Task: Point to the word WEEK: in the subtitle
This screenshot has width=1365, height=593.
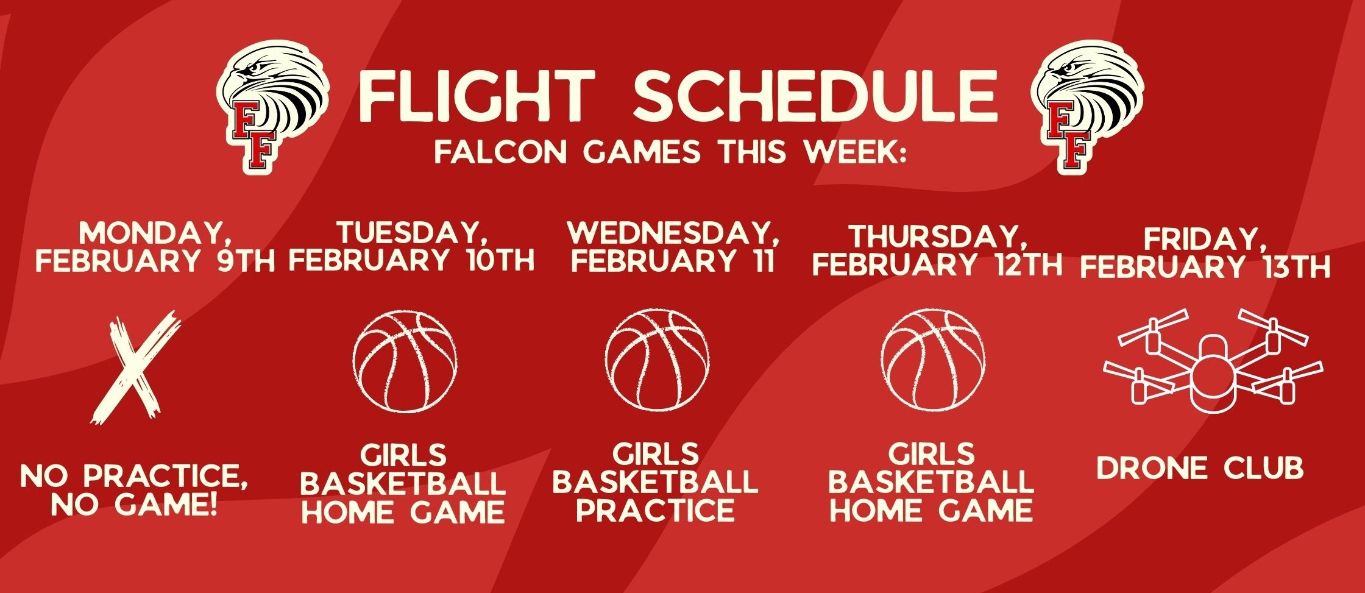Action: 856,152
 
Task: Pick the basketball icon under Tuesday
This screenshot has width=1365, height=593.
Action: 405,361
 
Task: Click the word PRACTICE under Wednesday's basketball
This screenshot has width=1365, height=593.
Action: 656,511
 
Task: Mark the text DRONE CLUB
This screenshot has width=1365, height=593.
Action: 1199,468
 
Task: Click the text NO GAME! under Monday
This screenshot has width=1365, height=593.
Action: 134,505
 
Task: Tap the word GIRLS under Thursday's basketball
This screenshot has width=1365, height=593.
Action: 931,455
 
